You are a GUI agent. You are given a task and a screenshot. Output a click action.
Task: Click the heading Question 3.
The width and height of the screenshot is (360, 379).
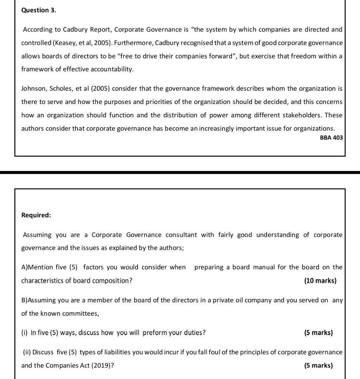[x=39, y=10]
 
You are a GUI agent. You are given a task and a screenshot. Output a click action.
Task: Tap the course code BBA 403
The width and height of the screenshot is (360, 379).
[x=331, y=138]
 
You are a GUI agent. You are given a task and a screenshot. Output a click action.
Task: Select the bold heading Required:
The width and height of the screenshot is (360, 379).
[x=36, y=215]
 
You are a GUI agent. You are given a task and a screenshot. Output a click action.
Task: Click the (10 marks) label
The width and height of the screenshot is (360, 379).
[x=320, y=281]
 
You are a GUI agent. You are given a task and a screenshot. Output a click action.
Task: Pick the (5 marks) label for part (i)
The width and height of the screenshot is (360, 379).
[x=318, y=332]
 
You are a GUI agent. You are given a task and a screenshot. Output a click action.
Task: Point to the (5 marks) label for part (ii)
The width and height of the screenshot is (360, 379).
[x=318, y=366]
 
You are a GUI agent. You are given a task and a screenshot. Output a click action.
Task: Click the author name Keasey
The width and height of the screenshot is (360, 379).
[x=65, y=43]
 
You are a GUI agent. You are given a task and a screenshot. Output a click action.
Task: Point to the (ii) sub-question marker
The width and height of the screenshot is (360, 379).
[x=27, y=352]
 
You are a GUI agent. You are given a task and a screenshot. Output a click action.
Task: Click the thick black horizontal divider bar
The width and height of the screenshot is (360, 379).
[x=180, y=172]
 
